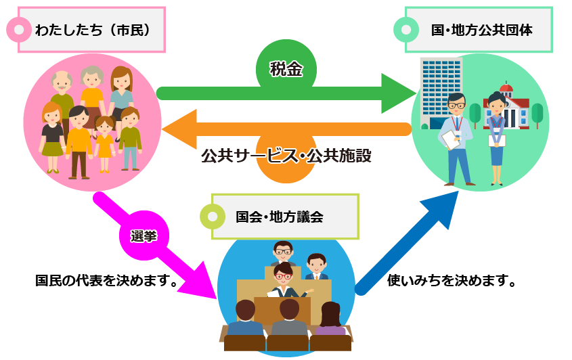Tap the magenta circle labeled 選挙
coord(144,236)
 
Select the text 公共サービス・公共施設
coord(286,156)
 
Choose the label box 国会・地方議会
coord(286,217)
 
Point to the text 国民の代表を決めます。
coord(108,280)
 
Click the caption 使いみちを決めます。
coord(452,280)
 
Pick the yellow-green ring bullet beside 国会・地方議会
coord(213,217)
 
